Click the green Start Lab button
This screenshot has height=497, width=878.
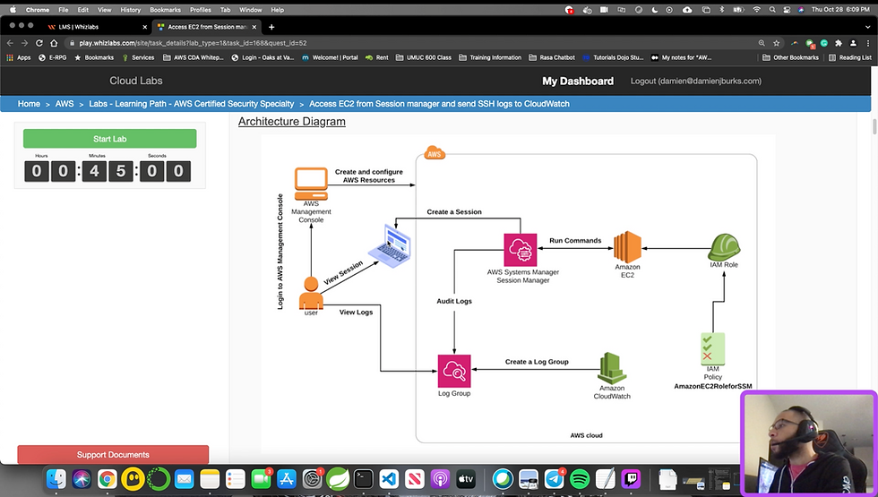[109, 139]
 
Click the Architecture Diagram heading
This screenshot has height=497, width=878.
[291, 121]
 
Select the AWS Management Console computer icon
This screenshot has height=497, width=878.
[311, 182]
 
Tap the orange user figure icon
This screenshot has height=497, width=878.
[311, 292]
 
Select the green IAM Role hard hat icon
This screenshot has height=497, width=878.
[723, 247]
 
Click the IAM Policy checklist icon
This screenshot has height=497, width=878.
[713, 347]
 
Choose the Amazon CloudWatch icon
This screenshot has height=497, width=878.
[612, 368]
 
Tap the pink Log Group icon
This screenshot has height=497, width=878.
[454, 370]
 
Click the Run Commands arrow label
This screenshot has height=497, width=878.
[575, 241]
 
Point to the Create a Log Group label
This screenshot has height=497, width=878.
[537, 362]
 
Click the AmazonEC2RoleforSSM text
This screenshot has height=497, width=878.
[713, 386]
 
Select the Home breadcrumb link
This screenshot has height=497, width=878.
[29, 104]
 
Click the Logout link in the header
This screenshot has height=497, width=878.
[695, 81]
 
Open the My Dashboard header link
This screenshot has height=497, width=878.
[578, 81]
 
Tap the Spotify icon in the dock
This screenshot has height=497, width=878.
[579, 478]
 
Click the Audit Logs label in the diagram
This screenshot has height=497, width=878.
[454, 302]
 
